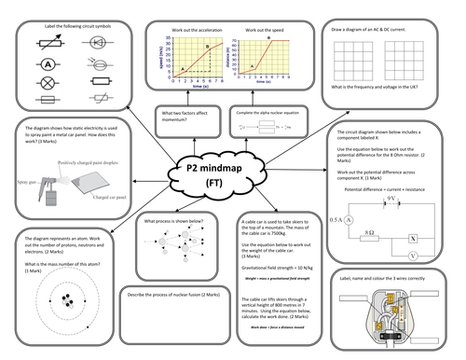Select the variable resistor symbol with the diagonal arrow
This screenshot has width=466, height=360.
click(x=46, y=44)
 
